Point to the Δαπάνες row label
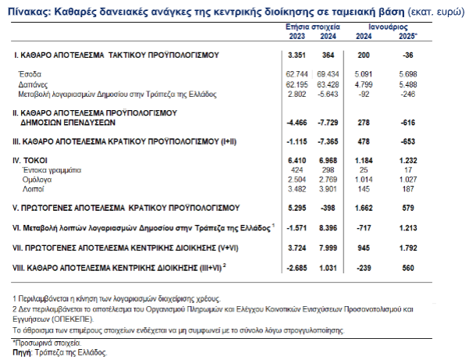click(x=35, y=83)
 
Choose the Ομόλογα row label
click(x=37, y=179)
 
